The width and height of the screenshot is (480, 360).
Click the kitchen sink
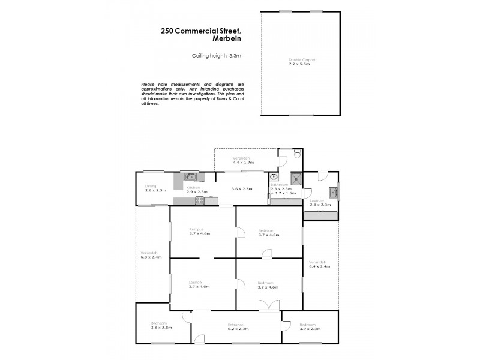pyautogui.click(x=191, y=176)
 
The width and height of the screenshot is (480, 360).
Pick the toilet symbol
pyautogui.click(x=298, y=156)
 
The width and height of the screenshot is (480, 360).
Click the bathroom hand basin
pyautogui.click(x=274, y=177)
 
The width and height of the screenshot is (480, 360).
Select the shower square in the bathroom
pyautogui.click(x=295, y=178)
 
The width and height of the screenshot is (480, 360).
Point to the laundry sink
pyautogui.click(x=334, y=193)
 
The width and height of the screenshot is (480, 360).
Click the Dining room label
pyautogui.click(x=151, y=186)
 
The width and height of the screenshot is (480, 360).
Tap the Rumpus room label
pyautogui.click(x=194, y=230)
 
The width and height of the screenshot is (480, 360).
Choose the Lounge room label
pyautogui.click(x=194, y=282)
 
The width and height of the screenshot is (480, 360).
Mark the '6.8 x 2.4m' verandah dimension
pyautogui.click(x=151, y=257)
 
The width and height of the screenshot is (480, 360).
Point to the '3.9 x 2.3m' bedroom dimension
pyautogui.click(x=310, y=328)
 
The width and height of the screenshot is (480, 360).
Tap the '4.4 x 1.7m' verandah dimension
pyautogui.click(x=244, y=163)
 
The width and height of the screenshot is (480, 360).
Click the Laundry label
pyautogui.click(x=316, y=200)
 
